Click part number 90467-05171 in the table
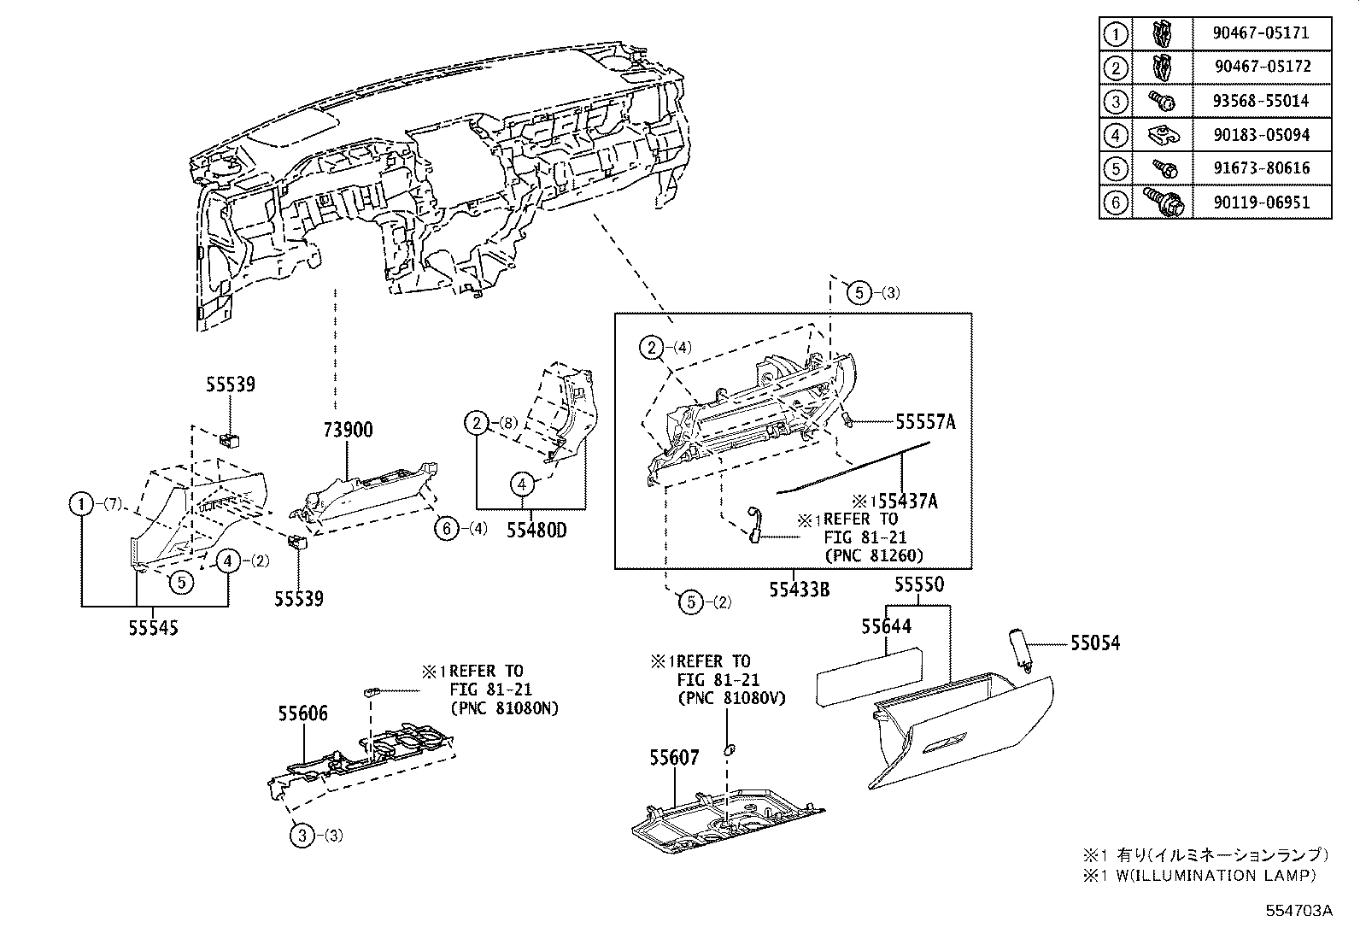(1260, 33)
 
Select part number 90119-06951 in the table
(1260, 202)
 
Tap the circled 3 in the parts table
(1116, 102)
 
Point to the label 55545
(155, 628)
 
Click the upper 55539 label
(230, 385)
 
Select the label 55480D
(536, 531)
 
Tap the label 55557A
(925, 421)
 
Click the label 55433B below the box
(799, 590)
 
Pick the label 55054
(1095, 643)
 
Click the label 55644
(886, 627)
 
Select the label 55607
(673, 758)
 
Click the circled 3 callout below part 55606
(302, 835)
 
